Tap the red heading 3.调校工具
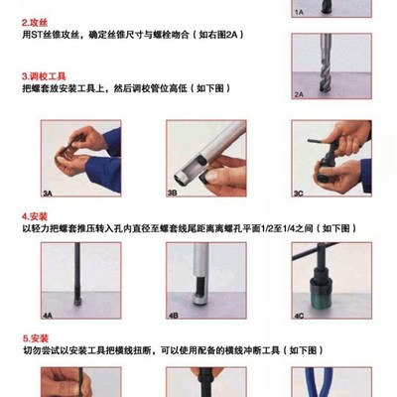(x=45, y=75)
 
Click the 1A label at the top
(x=298, y=13)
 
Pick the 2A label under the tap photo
(x=298, y=93)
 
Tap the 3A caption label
(x=48, y=195)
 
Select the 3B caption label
(x=172, y=195)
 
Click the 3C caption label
(x=298, y=195)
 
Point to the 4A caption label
(x=48, y=316)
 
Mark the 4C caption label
(x=298, y=316)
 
